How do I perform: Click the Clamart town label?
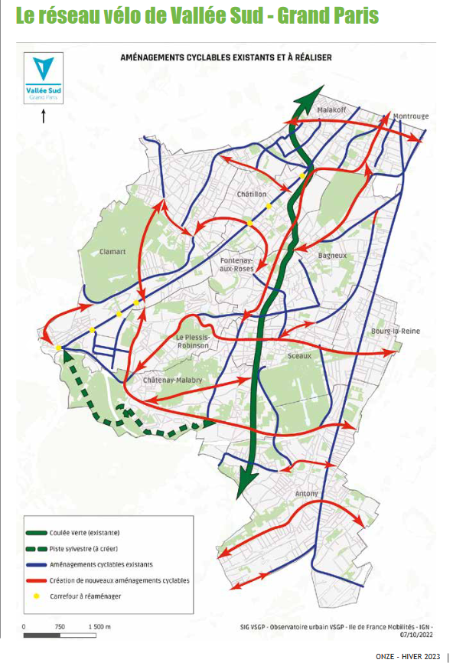coord(112,250)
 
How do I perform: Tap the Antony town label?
coord(307,494)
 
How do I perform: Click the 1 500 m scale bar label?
coord(99,626)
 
